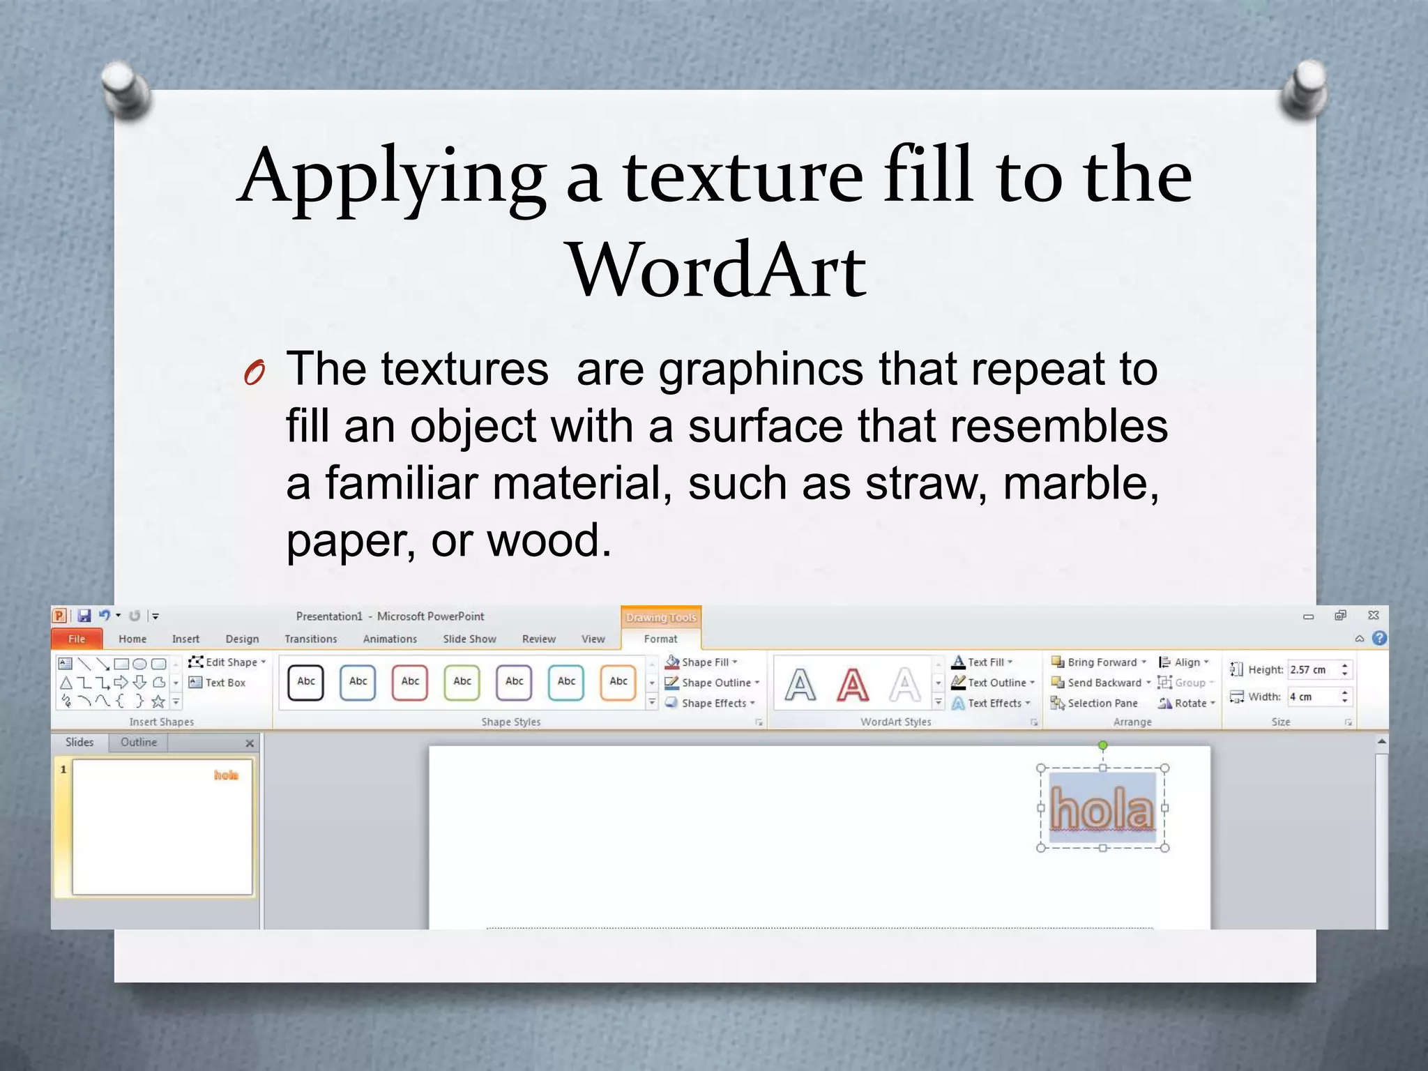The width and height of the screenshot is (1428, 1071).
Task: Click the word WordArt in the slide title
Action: [x=717, y=271]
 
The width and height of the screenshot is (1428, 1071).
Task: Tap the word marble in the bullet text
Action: [x=1080, y=483]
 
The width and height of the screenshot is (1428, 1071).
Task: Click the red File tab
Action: [x=77, y=639]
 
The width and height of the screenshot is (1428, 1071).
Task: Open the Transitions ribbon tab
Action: [x=310, y=639]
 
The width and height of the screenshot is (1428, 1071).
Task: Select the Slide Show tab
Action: [x=469, y=639]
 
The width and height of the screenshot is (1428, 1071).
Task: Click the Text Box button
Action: [x=218, y=683]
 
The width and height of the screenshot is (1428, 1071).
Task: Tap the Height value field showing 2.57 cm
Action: [x=1312, y=669]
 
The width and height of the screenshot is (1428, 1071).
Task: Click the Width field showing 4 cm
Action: [x=1312, y=697]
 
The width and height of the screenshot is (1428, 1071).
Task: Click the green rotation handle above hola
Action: [x=1102, y=745]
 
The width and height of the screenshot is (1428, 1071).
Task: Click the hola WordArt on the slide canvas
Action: [x=1102, y=809]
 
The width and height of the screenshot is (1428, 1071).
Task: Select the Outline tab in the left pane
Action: [x=138, y=742]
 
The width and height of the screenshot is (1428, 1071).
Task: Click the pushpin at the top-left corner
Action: [x=126, y=87]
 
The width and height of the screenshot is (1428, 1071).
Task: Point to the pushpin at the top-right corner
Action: [x=1304, y=87]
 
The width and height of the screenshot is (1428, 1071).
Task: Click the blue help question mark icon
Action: [x=1378, y=638]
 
